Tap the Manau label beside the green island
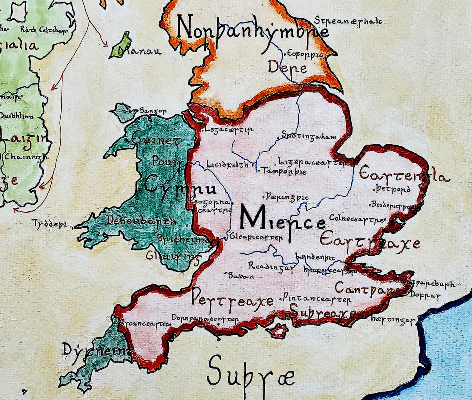(x=140, y=51)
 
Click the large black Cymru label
(x=180, y=187)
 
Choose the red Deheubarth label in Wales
(x=141, y=221)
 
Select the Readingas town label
(x=271, y=266)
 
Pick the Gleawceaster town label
(x=256, y=237)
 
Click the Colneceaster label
(x=356, y=218)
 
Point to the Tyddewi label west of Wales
(x=49, y=224)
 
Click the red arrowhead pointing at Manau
(x=105, y=45)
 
